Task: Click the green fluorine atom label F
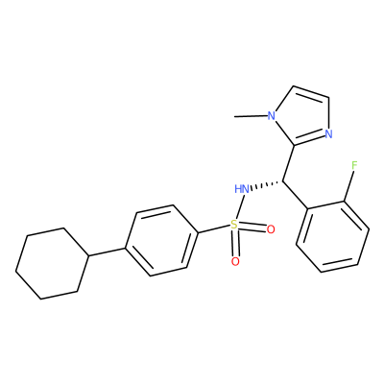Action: (353, 165)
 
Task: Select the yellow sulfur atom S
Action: (234, 225)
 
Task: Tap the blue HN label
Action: (242, 189)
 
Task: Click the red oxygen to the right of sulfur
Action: (271, 229)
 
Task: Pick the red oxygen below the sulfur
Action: (235, 262)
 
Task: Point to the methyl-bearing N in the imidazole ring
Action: (272, 115)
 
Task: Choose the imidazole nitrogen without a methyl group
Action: (328, 133)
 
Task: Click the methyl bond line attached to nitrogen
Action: (251, 116)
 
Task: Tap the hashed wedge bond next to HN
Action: (267, 185)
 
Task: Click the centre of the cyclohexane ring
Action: (52, 263)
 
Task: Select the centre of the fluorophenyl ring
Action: (333, 237)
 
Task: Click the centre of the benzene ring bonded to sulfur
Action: (161, 240)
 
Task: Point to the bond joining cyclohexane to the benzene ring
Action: (107, 252)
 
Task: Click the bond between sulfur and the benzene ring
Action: (214, 228)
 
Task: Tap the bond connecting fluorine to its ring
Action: (348, 186)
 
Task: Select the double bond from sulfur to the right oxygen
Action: (252, 227)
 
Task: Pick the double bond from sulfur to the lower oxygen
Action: (235, 244)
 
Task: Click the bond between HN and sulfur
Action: (240, 206)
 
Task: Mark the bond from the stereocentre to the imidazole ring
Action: (289, 164)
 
